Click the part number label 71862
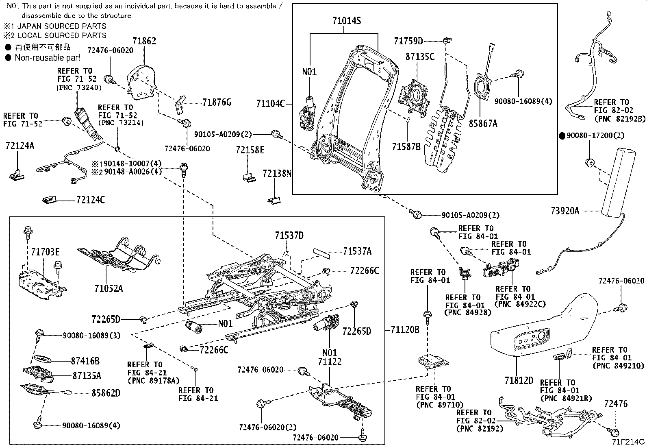click(x=144, y=41)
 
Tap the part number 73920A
click(x=565, y=211)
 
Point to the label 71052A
click(x=109, y=289)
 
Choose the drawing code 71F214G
click(x=629, y=442)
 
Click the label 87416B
click(x=85, y=360)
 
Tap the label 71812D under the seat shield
click(x=519, y=380)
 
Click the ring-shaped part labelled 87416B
click(x=42, y=359)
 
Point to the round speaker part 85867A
click(x=483, y=88)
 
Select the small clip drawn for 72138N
click(x=274, y=199)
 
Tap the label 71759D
click(x=408, y=41)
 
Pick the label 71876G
click(x=217, y=102)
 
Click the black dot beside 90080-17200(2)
click(x=562, y=136)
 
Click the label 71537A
click(x=357, y=251)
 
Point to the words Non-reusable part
click(x=48, y=58)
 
